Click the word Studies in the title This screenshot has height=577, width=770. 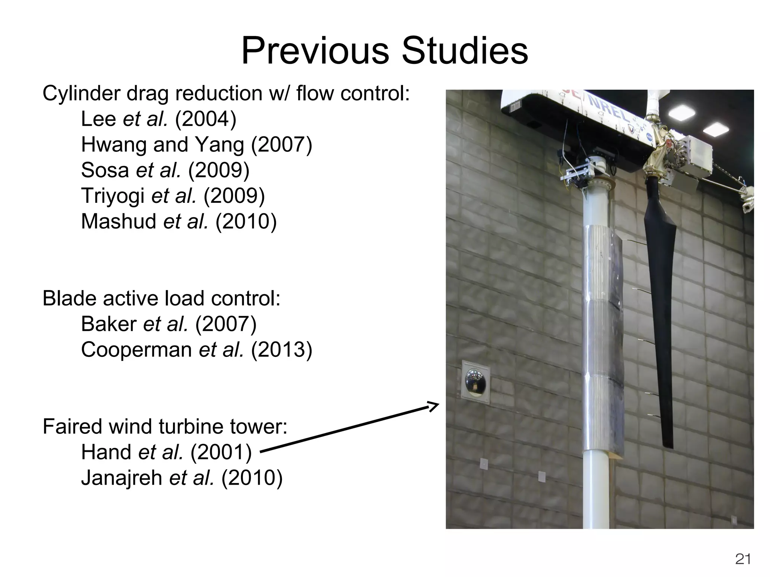(465, 51)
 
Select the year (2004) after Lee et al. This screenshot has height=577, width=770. (206, 119)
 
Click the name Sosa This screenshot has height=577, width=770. (105, 170)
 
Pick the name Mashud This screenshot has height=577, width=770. (118, 221)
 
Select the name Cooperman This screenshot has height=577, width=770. (136, 350)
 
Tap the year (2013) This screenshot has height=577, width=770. (281, 350)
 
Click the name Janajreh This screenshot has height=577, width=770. (121, 478)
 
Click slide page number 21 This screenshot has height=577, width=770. (743, 559)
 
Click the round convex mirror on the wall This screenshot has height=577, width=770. (476, 384)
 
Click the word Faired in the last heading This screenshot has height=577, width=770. (74, 427)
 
